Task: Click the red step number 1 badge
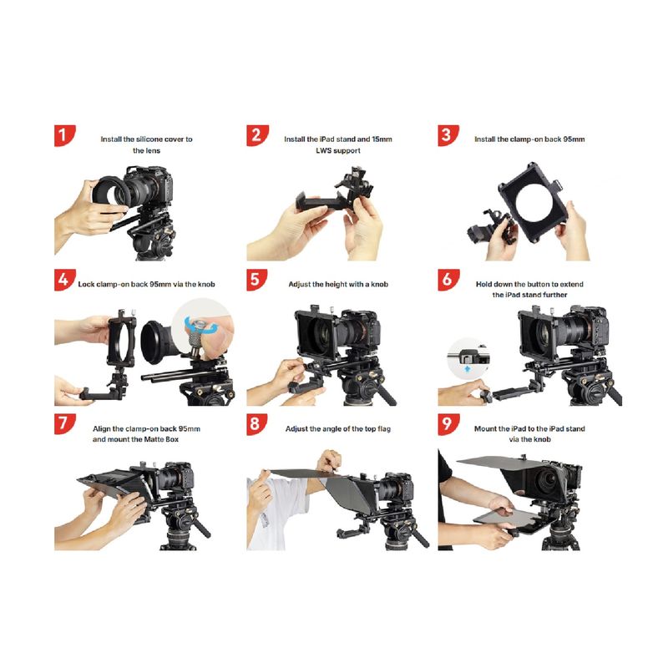[x=64, y=135]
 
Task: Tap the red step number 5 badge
[x=256, y=280]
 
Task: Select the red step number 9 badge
[x=448, y=424]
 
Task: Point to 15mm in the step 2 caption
[x=382, y=139]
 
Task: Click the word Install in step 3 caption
[x=485, y=139]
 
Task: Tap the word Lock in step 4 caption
[x=86, y=284]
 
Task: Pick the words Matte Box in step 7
[x=161, y=439]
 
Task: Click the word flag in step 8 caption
[x=383, y=429]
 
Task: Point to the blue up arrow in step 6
[x=468, y=369]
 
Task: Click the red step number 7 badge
[x=64, y=424]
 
